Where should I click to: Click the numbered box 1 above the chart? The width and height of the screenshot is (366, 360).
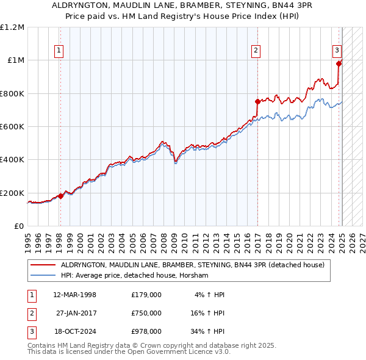[x=60, y=51]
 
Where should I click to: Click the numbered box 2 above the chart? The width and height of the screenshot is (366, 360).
[x=256, y=51]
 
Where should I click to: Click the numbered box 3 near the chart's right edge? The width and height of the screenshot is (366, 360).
[x=337, y=51]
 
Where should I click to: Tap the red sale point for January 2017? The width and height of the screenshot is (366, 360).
[x=257, y=102]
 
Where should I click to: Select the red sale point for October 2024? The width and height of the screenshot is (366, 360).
[x=339, y=63]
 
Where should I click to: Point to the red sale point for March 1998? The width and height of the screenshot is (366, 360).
[x=60, y=196]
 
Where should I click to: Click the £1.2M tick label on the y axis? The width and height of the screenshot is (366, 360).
[x=12, y=27]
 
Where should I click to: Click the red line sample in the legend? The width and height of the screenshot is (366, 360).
[x=43, y=265]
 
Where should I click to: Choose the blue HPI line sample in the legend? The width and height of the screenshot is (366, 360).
[x=43, y=275]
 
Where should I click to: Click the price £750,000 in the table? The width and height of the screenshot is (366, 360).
[x=146, y=313]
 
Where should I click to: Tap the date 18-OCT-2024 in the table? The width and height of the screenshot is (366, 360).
[x=75, y=331]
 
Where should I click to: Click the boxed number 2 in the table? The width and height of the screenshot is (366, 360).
[x=31, y=313]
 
